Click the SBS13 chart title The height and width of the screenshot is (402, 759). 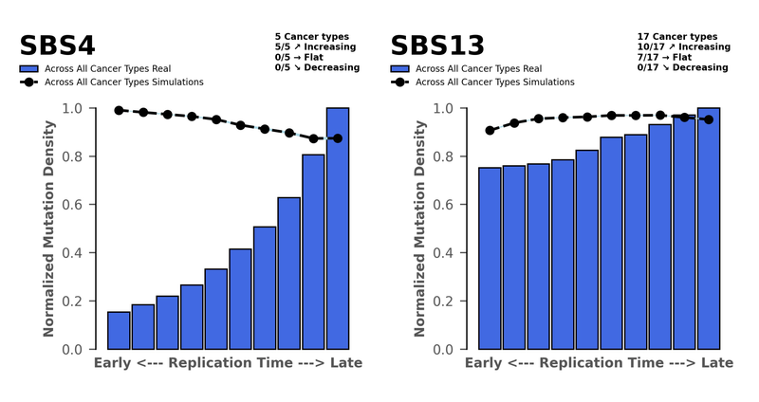tap(438, 46)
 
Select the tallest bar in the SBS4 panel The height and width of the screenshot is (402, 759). tap(338, 228)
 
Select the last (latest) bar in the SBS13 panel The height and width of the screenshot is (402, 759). tap(709, 228)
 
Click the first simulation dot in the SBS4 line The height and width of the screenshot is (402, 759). tap(119, 110)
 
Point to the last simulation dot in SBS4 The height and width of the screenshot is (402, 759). tap(338, 138)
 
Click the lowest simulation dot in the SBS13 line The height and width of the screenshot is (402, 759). tap(490, 130)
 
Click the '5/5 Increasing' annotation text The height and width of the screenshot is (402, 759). tap(315, 46)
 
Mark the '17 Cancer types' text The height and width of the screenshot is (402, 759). tap(677, 36)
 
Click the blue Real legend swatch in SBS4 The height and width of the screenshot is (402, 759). tap(28, 69)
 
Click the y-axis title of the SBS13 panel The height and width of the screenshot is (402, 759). tap(418, 228)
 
